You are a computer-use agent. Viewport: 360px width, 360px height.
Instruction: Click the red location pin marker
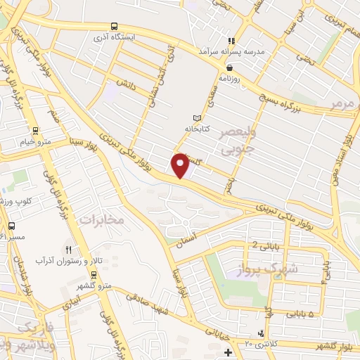point(181,165)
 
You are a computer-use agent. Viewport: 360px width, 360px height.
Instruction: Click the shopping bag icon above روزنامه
point(230,67)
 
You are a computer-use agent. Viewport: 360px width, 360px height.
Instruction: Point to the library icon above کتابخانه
point(197,118)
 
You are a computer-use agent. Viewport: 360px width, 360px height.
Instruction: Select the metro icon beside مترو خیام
point(36,130)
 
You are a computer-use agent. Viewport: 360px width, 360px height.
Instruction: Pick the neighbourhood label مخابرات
point(101,220)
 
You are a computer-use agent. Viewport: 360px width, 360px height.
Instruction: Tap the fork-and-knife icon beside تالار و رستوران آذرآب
point(68,250)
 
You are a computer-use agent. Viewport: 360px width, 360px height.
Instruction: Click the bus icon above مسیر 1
point(11,226)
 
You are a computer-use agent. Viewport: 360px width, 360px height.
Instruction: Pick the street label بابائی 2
point(263,245)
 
